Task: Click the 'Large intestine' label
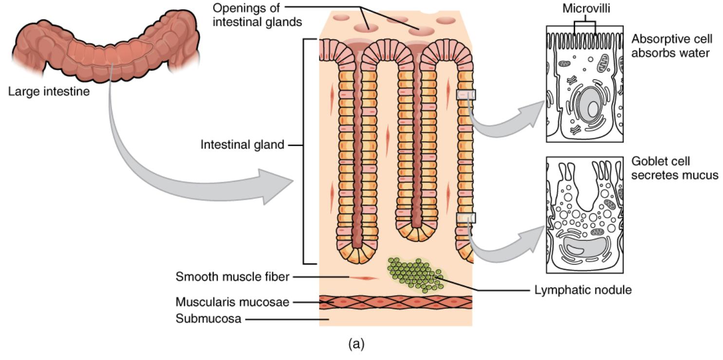click(49, 91)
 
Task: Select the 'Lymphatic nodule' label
click(583, 290)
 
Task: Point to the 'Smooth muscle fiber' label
click(233, 277)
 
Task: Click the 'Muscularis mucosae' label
click(232, 302)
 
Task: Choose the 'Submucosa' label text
click(208, 320)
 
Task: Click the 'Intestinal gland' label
click(242, 145)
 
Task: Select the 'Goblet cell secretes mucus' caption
click(674, 168)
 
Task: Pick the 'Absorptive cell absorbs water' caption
click(670, 45)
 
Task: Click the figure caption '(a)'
click(356, 344)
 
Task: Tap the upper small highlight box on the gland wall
click(465, 95)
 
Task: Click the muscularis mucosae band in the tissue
click(395, 302)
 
